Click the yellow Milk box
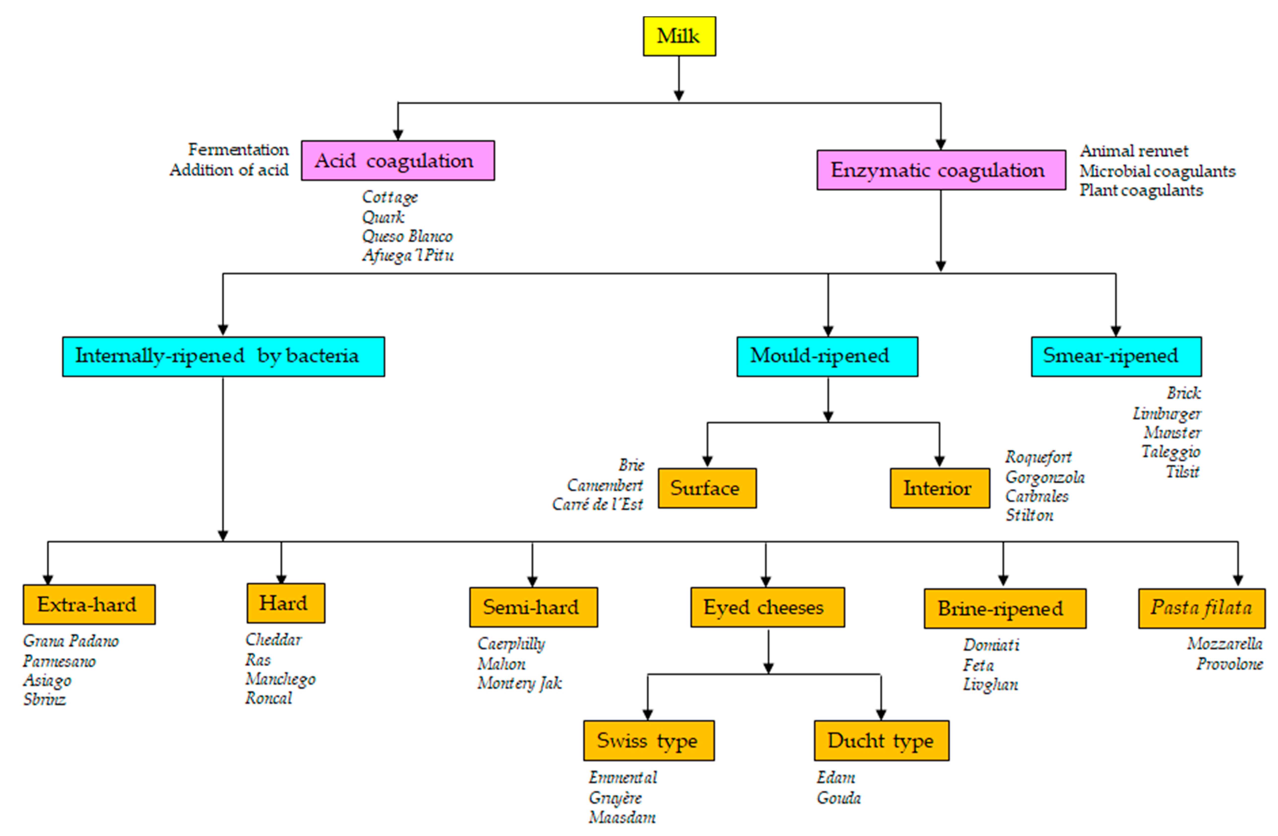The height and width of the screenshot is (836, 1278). (679, 36)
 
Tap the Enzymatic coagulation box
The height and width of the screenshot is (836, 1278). (941, 170)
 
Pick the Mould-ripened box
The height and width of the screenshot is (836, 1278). (827, 356)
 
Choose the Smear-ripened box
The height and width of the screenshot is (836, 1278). (1116, 356)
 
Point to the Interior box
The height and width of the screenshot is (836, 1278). (939, 488)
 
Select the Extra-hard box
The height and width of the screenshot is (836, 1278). (89, 604)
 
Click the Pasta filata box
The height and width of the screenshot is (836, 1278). (1201, 608)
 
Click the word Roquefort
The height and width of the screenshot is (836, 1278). (1038, 457)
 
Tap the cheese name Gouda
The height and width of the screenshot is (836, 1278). (839, 798)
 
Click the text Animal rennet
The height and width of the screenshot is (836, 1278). (1134, 151)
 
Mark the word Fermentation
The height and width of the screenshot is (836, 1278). (238, 150)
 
